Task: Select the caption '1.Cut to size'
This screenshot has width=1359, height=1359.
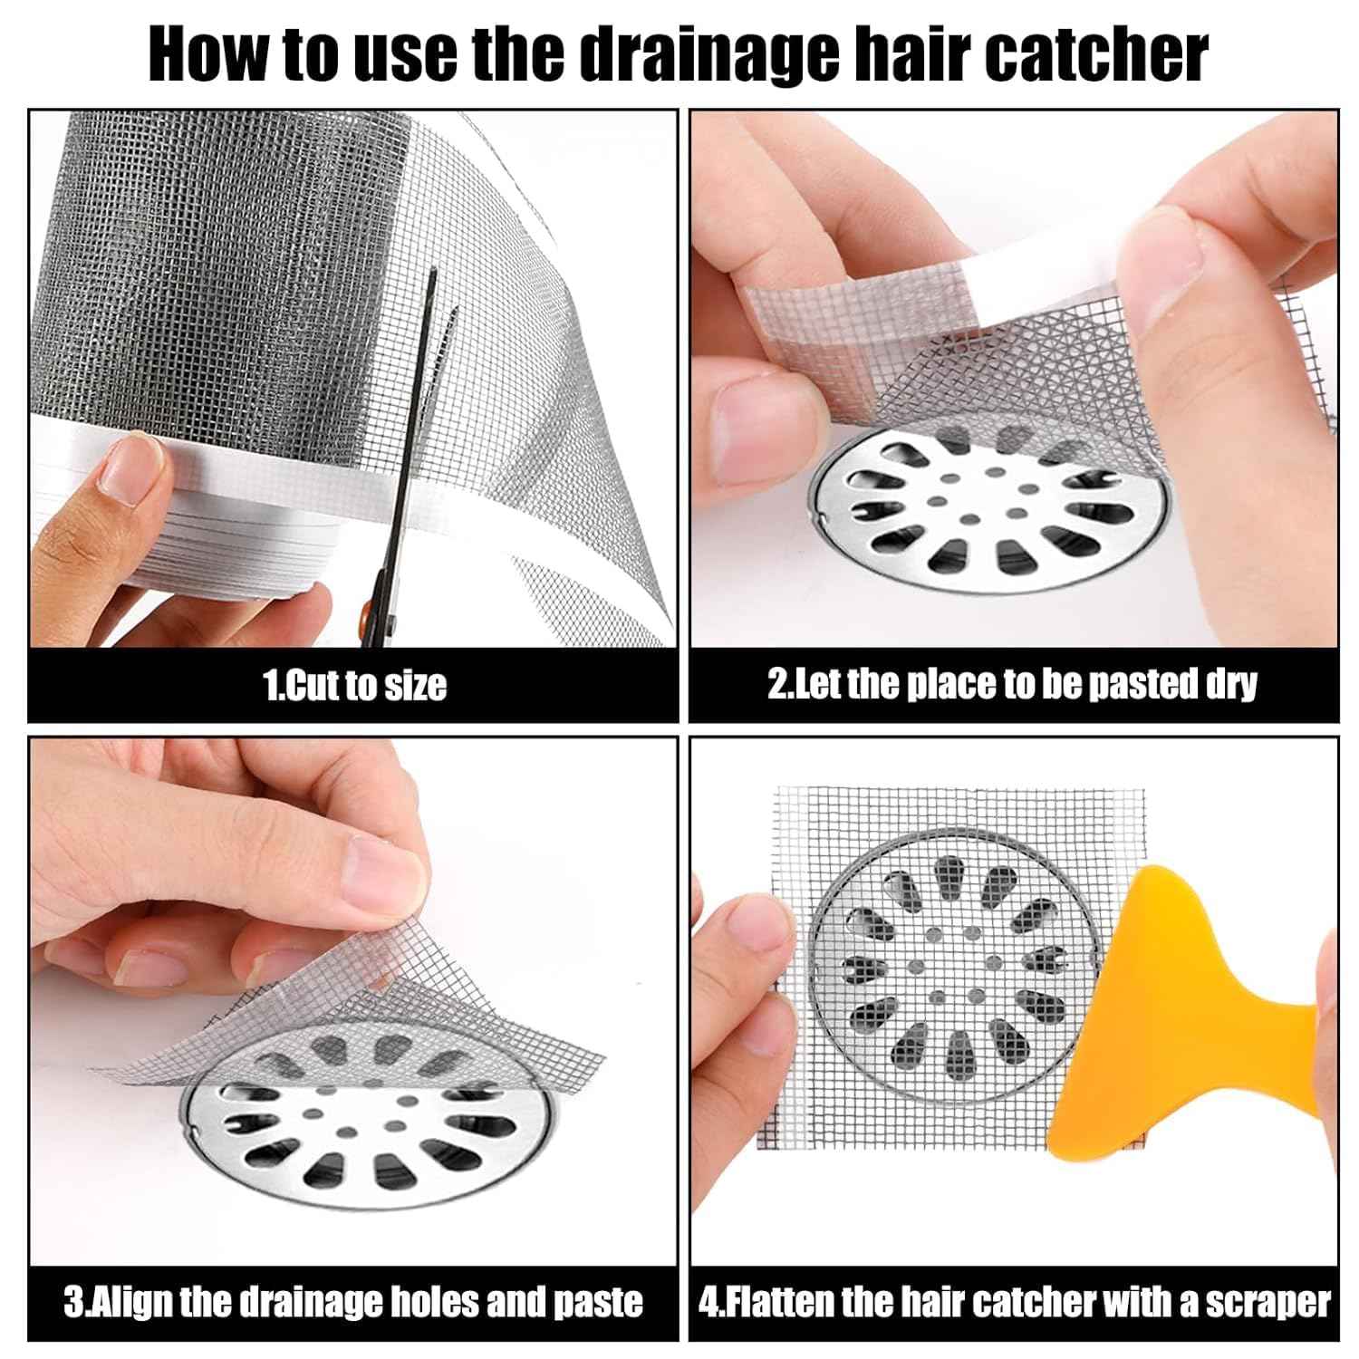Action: tap(354, 686)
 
